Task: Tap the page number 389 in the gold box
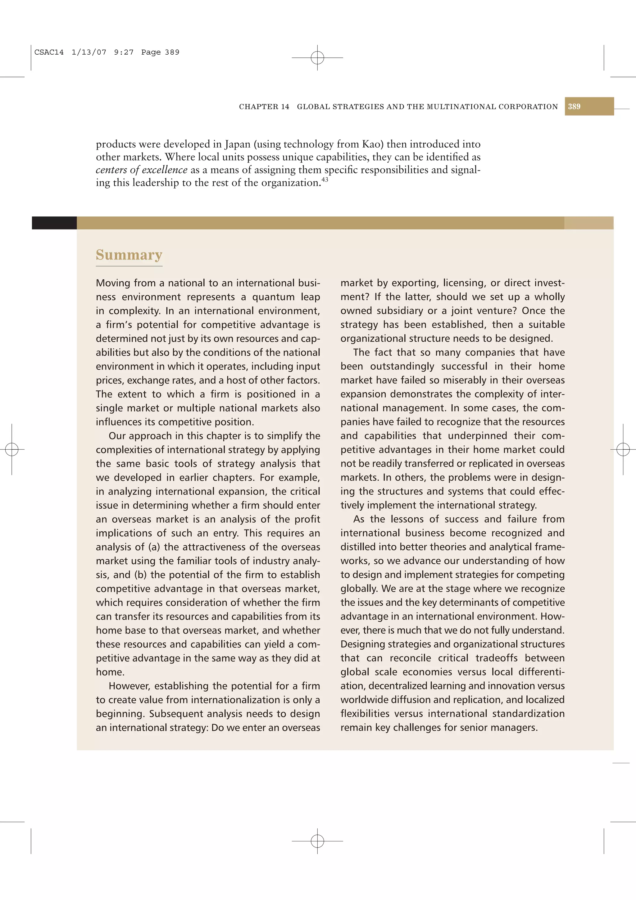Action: (x=574, y=107)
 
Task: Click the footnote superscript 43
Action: (x=325, y=180)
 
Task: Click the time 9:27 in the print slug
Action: (x=123, y=52)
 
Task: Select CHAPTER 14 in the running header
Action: (x=264, y=107)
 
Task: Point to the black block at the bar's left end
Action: (x=54, y=223)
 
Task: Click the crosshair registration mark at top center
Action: (x=317, y=58)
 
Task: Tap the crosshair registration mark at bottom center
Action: (x=317, y=841)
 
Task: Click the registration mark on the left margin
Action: (x=12, y=449)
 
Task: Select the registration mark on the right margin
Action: (x=623, y=449)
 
